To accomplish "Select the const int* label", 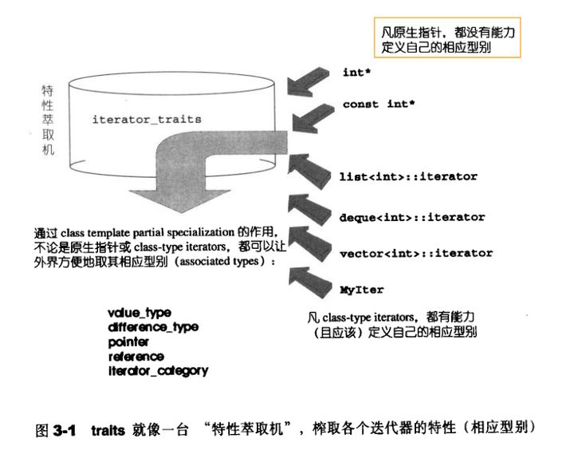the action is pos(379,105).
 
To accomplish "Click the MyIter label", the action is pos(357,291).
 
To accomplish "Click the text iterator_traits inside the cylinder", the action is pos(147,119).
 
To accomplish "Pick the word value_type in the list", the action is pos(139,310).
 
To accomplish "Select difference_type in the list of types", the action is pos(152,326).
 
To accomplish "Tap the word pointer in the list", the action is pos(129,341).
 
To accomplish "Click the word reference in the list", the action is pos(136,356).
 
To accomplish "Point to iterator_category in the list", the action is pos(157,370).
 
